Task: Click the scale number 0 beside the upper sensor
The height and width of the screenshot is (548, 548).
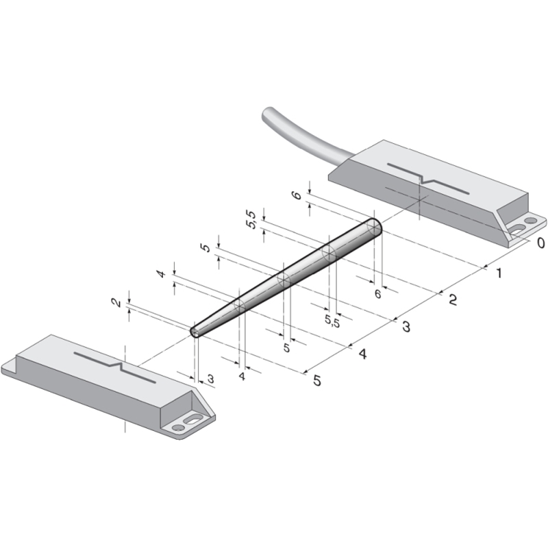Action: (540, 242)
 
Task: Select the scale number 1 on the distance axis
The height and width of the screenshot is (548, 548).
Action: (499, 273)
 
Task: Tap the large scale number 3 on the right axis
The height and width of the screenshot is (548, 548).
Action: (406, 327)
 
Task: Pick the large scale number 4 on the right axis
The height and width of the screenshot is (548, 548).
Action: (363, 354)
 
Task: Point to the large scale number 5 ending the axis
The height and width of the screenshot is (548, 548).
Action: (317, 380)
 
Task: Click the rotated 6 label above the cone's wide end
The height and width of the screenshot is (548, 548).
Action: (297, 195)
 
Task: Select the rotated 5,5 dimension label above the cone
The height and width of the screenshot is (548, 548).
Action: (251, 219)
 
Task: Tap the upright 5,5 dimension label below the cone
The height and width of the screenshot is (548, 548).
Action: (332, 321)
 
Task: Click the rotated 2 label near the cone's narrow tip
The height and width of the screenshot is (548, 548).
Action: (116, 302)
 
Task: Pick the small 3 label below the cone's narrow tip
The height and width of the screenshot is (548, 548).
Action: (210, 379)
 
